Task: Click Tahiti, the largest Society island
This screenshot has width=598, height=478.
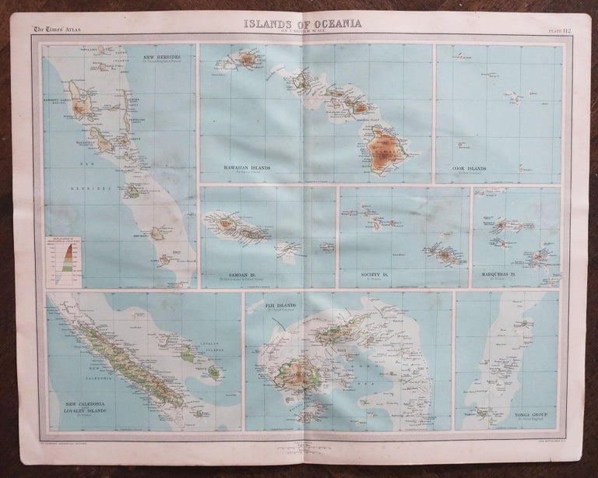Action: [446, 255]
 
